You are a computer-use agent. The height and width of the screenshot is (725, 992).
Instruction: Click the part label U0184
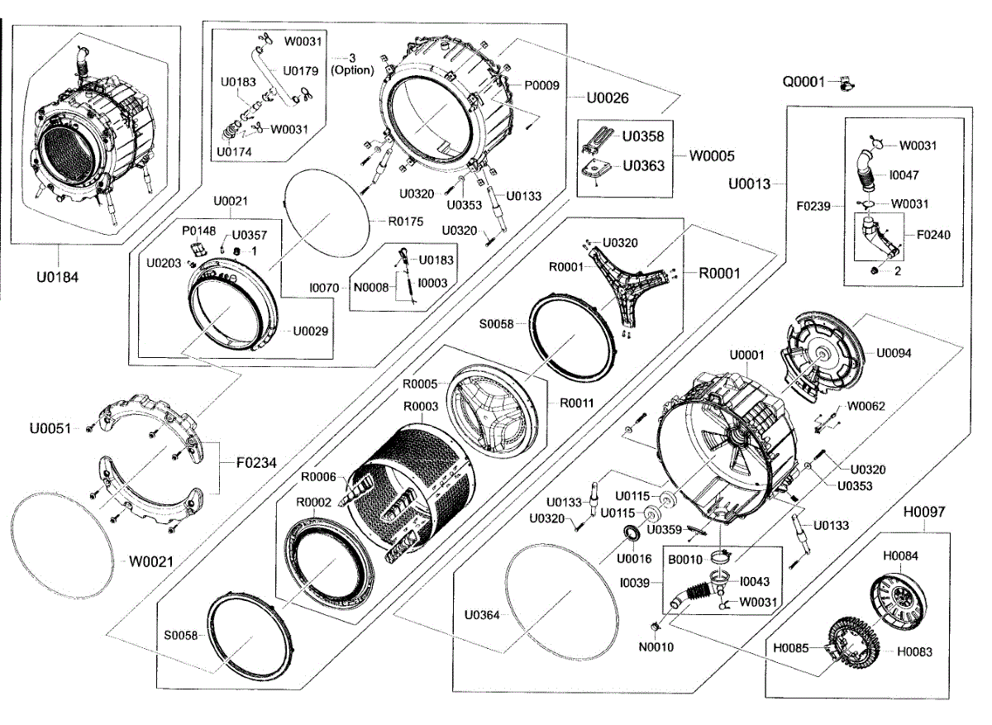(58, 277)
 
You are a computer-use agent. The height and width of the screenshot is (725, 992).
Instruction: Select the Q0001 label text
(804, 82)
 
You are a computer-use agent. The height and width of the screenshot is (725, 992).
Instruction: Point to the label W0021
(150, 561)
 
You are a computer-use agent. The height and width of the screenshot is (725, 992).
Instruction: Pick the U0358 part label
(643, 136)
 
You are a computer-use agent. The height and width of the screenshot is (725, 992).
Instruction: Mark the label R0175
(405, 222)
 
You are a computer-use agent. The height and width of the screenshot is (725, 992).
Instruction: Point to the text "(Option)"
(352, 70)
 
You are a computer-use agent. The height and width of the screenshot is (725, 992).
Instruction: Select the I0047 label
(904, 175)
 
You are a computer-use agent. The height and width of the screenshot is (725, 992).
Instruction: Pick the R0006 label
(317, 476)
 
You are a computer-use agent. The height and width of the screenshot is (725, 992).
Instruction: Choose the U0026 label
(608, 98)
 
